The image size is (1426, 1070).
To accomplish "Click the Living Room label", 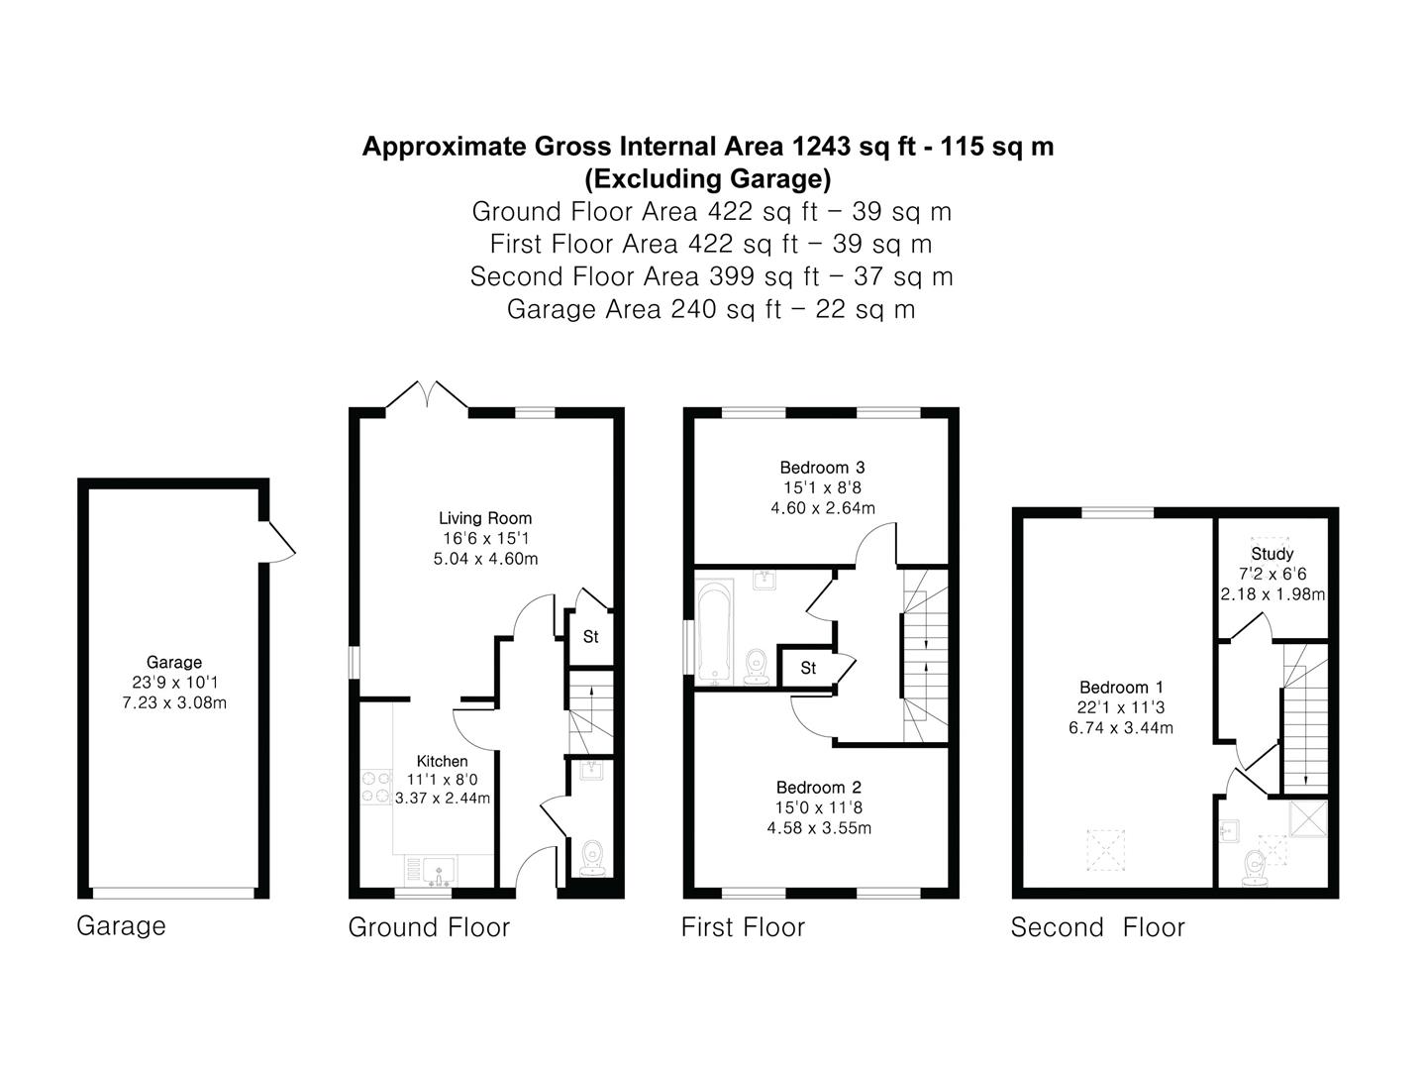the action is point(484,518).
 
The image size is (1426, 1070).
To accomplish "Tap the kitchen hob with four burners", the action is point(376,788).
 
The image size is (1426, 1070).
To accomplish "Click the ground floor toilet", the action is point(592,859).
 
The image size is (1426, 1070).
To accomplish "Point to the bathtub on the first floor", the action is point(714,631).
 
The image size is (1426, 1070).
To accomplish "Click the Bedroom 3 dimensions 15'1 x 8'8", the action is point(822,487).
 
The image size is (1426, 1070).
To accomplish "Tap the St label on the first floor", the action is point(807,668).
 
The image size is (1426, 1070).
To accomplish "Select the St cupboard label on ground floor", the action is point(590,637).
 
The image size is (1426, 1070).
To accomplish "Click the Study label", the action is point(1272,554).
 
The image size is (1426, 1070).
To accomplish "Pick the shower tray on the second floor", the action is point(1307,818).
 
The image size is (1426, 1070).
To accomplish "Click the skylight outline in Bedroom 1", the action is point(1106,849).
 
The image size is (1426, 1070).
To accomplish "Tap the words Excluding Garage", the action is point(707,178).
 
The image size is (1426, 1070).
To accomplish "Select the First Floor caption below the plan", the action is point(743,927).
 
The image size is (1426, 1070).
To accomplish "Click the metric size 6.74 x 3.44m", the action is point(1121,728).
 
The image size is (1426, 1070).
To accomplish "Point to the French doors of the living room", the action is point(427,394).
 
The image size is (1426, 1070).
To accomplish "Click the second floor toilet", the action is point(1254,869).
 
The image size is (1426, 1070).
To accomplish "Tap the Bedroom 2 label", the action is point(819,788).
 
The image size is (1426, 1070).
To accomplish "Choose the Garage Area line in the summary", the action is point(711,309).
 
